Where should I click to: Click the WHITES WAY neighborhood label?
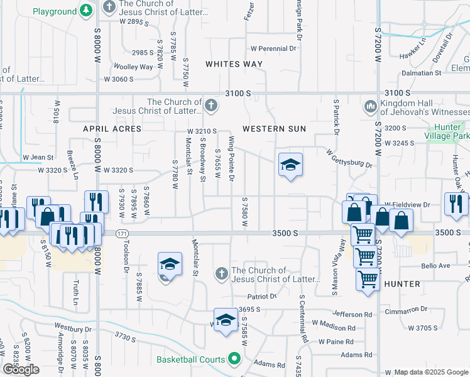coord(234,64)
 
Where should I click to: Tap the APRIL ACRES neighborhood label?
coord(112,128)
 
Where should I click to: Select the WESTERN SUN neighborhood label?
coord(274,129)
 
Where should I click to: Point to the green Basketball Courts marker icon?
coord(234,359)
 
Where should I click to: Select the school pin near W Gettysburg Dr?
coord(290,165)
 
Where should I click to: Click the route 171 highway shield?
coord(119,233)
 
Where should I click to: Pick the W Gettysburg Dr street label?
coord(349,158)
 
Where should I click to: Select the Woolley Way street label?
coord(133,67)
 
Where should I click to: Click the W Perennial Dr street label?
coord(273,48)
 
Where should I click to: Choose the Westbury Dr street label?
coord(73,328)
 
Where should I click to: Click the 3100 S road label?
coord(238,93)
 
